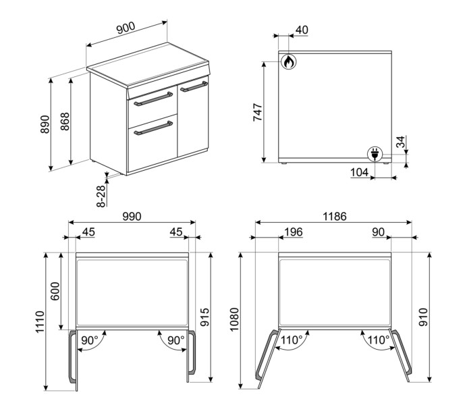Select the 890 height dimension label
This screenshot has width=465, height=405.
tap(45, 124)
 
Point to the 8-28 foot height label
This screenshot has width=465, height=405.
tap(101, 196)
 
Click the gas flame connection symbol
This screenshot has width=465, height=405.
tap(288, 62)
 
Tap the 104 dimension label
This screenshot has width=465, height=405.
tap(359, 173)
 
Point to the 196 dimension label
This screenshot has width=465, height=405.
tap(292, 232)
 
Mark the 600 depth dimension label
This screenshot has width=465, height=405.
tap(56, 291)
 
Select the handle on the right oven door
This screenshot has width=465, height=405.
tap(193, 86)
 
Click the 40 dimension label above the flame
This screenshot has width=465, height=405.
tap(301, 30)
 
